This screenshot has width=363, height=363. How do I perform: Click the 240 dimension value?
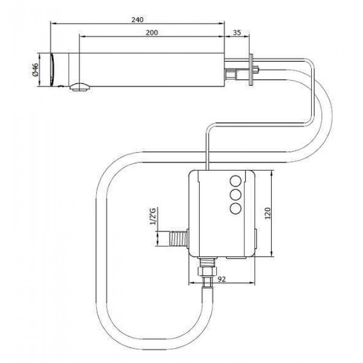[137, 20]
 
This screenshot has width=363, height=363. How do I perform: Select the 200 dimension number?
[151, 33]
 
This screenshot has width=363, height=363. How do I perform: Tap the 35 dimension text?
[236, 33]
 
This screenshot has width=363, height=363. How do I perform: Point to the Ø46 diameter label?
[35, 70]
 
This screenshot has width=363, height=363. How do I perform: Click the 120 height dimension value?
[268, 213]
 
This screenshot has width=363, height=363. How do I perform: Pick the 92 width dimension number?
[221, 279]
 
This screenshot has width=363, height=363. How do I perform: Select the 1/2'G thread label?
[153, 216]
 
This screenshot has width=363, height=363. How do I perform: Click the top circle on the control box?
[235, 181]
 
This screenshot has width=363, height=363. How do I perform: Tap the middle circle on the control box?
[235, 194]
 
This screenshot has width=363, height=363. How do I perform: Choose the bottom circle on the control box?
[235, 208]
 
